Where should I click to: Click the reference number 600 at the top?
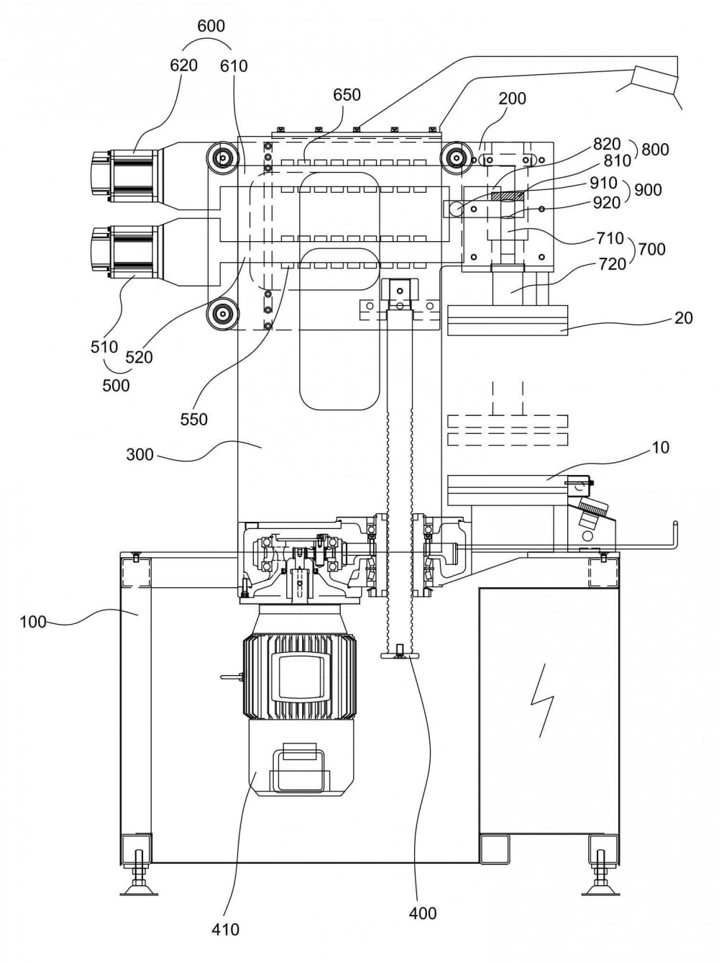211,26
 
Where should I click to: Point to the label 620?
183,65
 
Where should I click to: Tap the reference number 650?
347,95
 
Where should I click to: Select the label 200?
512,99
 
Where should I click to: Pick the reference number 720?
612,264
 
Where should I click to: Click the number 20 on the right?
684,317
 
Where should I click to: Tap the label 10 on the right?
660,448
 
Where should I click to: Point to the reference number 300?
140,455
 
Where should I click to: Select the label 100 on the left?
33,622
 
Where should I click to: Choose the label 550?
193,420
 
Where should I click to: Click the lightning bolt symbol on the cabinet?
542,700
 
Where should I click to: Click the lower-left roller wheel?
224,314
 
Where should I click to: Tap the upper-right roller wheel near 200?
457,158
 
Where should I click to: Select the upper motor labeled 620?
127,176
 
